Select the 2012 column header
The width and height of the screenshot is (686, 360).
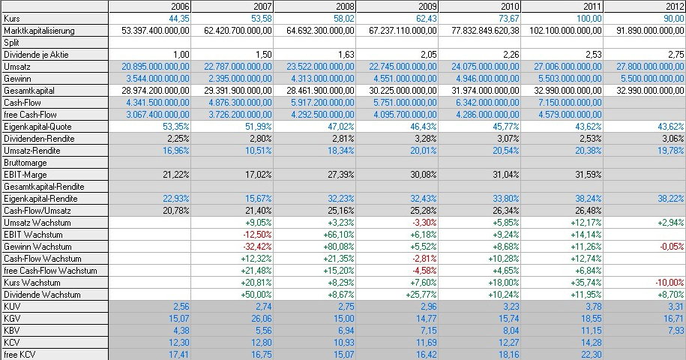674,7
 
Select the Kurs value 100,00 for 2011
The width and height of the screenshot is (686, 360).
588,19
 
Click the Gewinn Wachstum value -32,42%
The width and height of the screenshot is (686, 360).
258,247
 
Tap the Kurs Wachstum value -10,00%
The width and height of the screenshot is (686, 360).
670,283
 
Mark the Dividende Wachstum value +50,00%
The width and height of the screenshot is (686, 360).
258,295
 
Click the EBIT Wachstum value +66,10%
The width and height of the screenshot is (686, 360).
340,235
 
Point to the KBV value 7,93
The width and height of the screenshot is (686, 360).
675,331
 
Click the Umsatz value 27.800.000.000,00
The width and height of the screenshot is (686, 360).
643,67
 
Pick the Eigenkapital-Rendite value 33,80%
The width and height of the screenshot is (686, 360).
507,199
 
